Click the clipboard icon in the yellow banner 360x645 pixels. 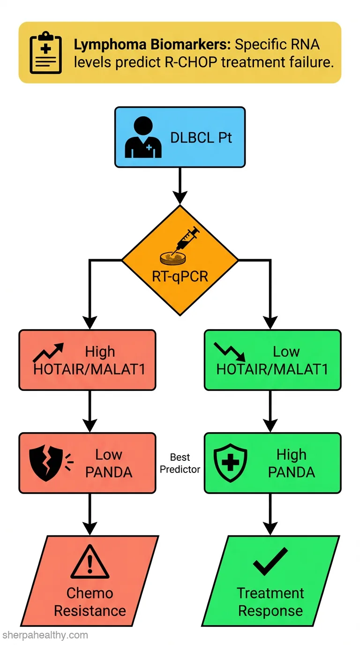pyautogui.click(x=45, y=52)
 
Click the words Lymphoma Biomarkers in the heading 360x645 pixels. pyautogui.click(x=152, y=45)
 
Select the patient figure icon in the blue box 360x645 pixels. pyautogui.click(x=143, y=137)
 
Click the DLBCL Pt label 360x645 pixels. pyautogui.click(x=201, y=138)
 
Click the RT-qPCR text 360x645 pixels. pyautogui.click(x=180, y=277)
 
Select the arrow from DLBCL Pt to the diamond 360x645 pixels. pyautogui.click(x=180, y=186)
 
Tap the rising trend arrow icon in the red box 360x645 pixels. pyautogui.click(x=48, y=352)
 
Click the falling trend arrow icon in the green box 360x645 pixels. pyautogui.click(x=230, y=352)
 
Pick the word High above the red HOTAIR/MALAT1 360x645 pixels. pyautogui.click(x=100, y=352)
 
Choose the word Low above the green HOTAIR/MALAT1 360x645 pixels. pyautogui.click(x=286, y=352)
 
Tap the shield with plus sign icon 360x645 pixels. pyautogui.click(x=230, y=463)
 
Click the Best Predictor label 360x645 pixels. pyautogui.click(x=180, y=463)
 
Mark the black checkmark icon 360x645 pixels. pyautogui.click(x=270, y=561)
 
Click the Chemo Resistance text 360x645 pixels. pyautogui.click(x=90, y=602)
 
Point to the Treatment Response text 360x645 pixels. pyautogui.click(x=270, y=602)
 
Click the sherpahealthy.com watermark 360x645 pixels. pyautogui.click(x=45, y=635)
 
